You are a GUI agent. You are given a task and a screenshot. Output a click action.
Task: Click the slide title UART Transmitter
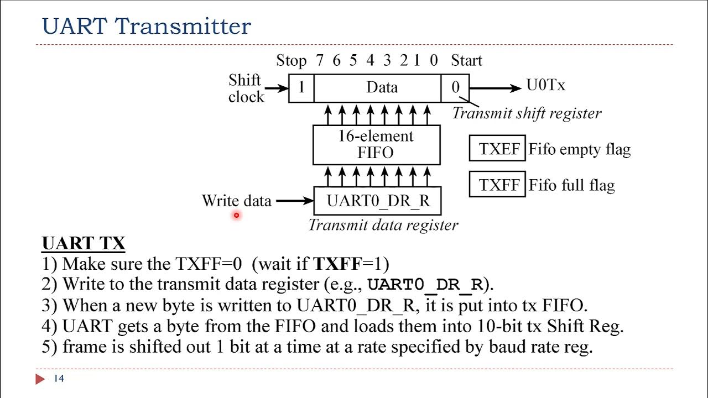(147, 26)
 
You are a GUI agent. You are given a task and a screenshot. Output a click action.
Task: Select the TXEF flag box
(497, 149)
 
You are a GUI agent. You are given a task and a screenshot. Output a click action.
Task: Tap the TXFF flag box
(497, 185)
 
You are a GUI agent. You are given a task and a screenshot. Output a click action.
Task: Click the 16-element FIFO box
(376, 145)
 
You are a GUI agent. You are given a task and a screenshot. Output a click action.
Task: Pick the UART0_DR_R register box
(378, 201)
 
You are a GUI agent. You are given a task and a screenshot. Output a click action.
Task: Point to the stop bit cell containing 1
(301, 88)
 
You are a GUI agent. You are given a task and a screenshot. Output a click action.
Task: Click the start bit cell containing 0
(455, 88)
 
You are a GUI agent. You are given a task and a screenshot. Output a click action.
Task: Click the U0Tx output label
(545, 86)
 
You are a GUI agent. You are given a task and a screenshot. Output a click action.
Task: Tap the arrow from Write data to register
(294, 201)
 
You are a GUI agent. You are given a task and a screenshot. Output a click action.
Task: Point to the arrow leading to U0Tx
(495, 88)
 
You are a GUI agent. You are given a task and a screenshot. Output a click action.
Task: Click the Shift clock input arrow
(277, 88)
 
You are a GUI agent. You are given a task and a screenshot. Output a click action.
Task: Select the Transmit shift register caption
(527, 113)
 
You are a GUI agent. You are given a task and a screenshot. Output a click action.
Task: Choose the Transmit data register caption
(383, 225)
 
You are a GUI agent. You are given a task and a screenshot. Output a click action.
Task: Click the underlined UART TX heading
(84, 243)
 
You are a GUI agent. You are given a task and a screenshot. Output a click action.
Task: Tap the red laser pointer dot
(236, 216)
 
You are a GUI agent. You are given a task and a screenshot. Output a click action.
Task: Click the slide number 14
(59, 379)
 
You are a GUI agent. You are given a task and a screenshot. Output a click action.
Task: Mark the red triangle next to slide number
(40, 379)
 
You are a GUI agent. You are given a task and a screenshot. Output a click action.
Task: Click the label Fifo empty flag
(579, 149)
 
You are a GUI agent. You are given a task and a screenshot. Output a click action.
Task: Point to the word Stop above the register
(291, 60)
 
